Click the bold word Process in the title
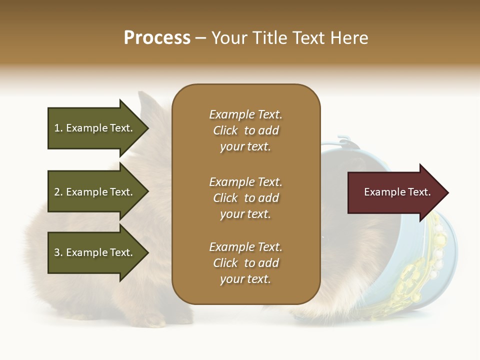tap(157, 38)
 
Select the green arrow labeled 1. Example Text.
tap(95, 128)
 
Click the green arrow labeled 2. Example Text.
tap(95, 192)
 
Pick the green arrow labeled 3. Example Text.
tap(95, 252)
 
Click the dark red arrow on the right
tap(395, 192)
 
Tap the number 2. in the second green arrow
tap(58, 192)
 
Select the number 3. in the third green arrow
tap(58, 252)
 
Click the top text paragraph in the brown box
tap(245, 130)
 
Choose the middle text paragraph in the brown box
tap(245, 198)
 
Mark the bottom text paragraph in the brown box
tap(245, 263)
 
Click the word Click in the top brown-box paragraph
tap(225, 130)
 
